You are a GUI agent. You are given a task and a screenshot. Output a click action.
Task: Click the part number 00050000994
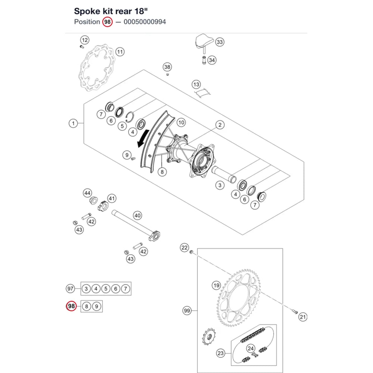tap(145, 22)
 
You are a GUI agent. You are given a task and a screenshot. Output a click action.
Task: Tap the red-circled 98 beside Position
tap(107, 22)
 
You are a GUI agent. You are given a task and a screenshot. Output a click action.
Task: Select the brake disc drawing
tap(97, 68)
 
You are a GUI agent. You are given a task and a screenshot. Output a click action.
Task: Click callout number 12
tap(85, 40)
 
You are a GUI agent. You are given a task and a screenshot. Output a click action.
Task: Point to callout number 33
tap(220, 42)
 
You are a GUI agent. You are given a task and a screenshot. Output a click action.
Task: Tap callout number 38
tap(167, 67)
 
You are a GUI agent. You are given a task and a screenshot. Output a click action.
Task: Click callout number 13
tap(196, 84)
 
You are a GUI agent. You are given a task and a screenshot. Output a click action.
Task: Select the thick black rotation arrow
tap(143, 138)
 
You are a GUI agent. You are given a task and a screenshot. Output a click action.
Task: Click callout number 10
tap(181, 122)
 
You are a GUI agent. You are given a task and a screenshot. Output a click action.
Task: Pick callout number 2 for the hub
tap(220, 125)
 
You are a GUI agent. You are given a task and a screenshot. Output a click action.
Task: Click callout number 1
tap(73, 123)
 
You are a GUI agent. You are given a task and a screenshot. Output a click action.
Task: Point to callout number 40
tap(138, 216)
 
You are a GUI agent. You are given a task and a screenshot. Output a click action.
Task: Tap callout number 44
tap(87, 193)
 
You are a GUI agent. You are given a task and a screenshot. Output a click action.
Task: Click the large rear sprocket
tap(238, 298)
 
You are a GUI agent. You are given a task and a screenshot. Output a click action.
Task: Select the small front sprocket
tap(209, 336)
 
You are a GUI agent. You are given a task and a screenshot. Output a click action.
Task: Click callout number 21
tap(303, 317)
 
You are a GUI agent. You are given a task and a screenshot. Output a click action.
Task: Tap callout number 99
tap(187, 311)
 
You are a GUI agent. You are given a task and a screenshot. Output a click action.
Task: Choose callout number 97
tap(70, 289)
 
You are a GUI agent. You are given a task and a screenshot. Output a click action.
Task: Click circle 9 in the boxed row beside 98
tap(97, 306)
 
